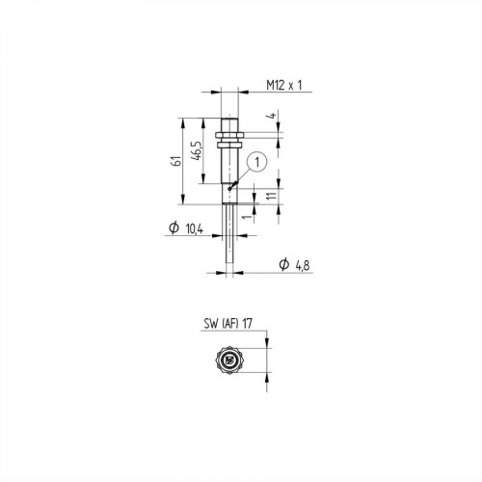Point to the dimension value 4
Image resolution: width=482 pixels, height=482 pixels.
tap(274, 118)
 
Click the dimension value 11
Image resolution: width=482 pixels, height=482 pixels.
tap(274, 194)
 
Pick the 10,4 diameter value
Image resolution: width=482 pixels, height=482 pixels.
tap(193, 229)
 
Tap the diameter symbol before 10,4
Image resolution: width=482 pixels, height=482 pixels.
tap(174, 229)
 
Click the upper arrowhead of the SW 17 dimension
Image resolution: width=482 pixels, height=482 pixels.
tap(265, 348)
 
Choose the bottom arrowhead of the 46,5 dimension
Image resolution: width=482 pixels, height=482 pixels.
tap(203, 184)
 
